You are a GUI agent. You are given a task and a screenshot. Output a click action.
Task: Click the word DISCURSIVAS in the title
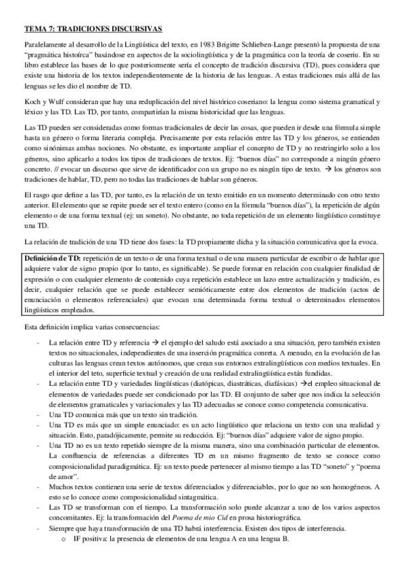[133, 29]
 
